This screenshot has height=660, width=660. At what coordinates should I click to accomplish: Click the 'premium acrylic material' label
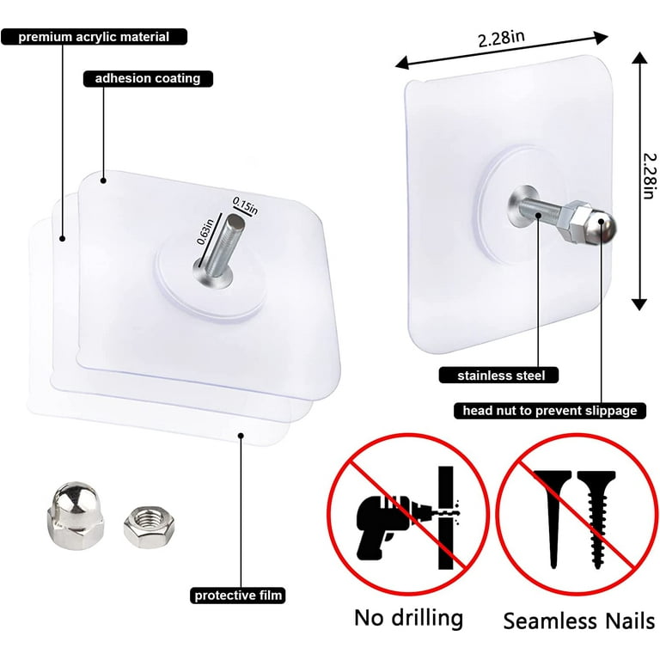tap(94, 37)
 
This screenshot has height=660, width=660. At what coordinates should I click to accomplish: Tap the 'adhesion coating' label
tap(148, 79)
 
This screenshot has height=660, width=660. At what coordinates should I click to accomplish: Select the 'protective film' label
tap(238, 596)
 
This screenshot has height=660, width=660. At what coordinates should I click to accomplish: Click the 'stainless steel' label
tap(498, 375)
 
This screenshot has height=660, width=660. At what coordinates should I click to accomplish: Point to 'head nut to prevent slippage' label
tap(550, 411)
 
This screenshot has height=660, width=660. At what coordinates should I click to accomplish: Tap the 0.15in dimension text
tap(246, 205)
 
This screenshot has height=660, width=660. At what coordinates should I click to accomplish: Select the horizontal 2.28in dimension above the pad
tap(501, 40)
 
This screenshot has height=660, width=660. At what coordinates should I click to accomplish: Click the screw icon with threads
tap(596, 519)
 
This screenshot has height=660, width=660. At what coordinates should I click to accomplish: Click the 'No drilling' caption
tap(408, 618)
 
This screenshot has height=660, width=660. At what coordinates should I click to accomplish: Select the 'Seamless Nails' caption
tap(578, 620)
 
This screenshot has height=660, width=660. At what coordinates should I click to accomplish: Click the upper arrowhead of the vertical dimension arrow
tap(639, 59)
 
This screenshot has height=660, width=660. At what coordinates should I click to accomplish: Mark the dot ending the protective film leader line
tap(241, 435)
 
